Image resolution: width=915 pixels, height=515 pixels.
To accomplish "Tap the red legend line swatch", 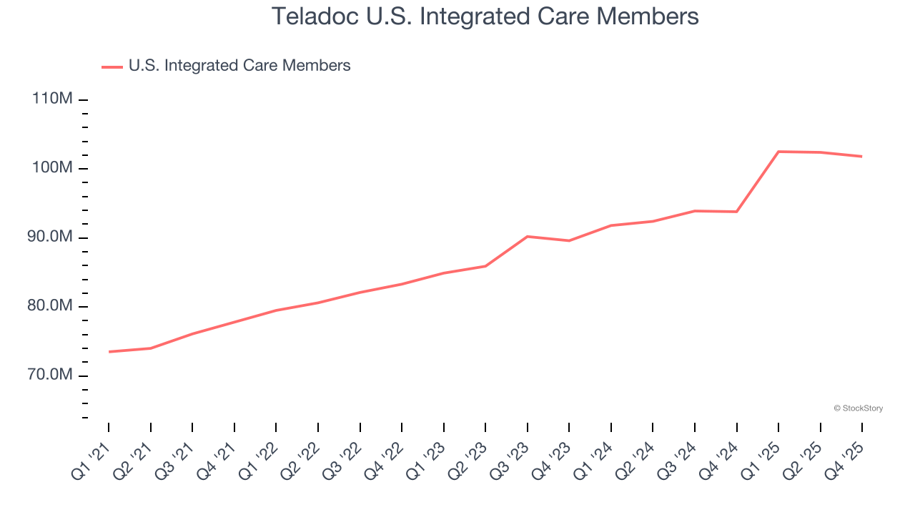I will coord(112,67).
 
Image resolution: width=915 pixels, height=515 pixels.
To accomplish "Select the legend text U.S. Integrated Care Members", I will coord(239,66).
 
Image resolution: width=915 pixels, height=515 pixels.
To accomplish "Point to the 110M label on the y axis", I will coord(52,99).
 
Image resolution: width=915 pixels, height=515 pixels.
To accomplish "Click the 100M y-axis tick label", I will coord(52,168).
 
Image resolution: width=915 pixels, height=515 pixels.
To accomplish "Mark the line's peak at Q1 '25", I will coord(778,152).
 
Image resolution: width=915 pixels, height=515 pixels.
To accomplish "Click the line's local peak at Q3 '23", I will coord(527,236).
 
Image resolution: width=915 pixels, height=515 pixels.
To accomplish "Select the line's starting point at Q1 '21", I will coord(109,352).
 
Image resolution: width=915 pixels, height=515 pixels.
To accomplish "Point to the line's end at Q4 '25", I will coord(861,157).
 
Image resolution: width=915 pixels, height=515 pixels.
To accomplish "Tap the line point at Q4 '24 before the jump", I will coord(736,212).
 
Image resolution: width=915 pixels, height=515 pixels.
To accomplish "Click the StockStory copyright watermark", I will coord(859,408).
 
